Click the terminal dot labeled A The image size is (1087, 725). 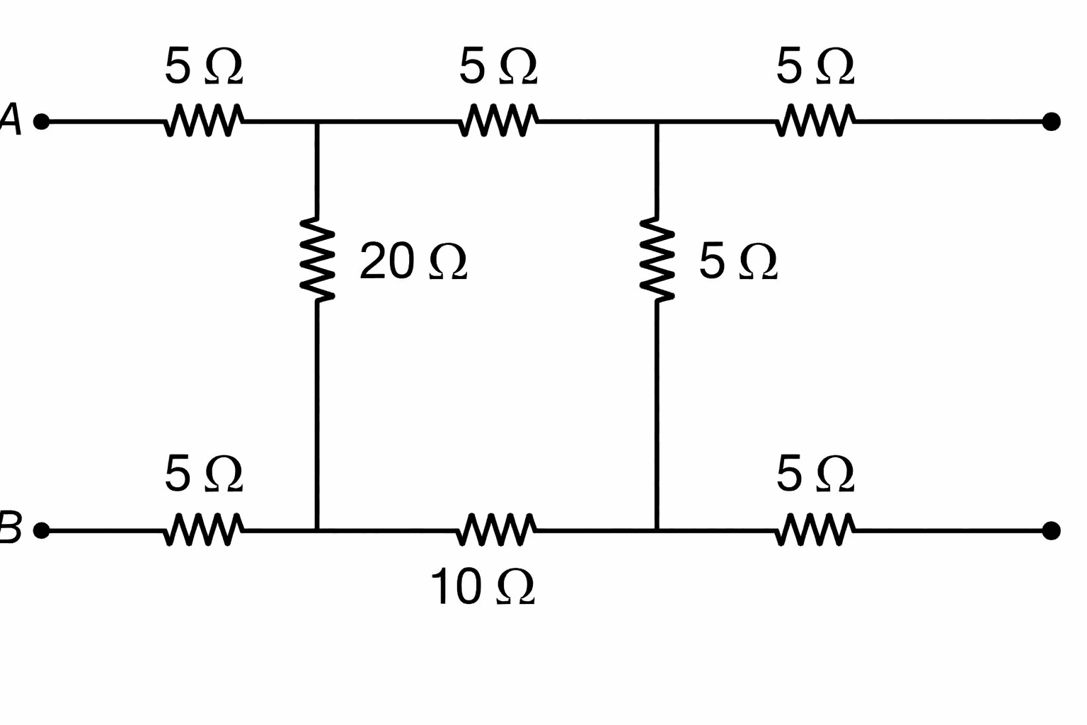coord(42,121)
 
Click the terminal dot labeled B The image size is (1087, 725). coord(42,531)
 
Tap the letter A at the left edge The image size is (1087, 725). coord(11,118)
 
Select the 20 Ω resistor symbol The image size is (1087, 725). coord(317,259)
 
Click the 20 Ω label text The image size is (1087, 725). coord(413,261)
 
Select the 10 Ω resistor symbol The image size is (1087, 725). coord(496,530)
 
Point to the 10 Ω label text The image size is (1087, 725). coord(483,587)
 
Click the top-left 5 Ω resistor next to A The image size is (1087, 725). coord(204,120)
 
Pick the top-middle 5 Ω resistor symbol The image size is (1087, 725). coord(498,120)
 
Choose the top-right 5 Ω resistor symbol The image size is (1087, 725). coord(815,120)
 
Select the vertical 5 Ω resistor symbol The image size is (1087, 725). coord(657,259)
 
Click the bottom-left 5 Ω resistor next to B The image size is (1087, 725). coord(204,530)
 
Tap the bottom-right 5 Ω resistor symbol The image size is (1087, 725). coord(815,530)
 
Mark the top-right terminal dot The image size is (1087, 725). coord(1051,121)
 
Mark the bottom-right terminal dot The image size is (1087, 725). coord(1051,531)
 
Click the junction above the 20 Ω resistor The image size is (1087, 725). coord(317,121)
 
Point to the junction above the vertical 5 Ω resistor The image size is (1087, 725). coord(657,121)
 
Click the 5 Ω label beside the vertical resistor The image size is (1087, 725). coord(738,261)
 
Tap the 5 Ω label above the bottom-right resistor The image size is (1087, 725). coord(815,474)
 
